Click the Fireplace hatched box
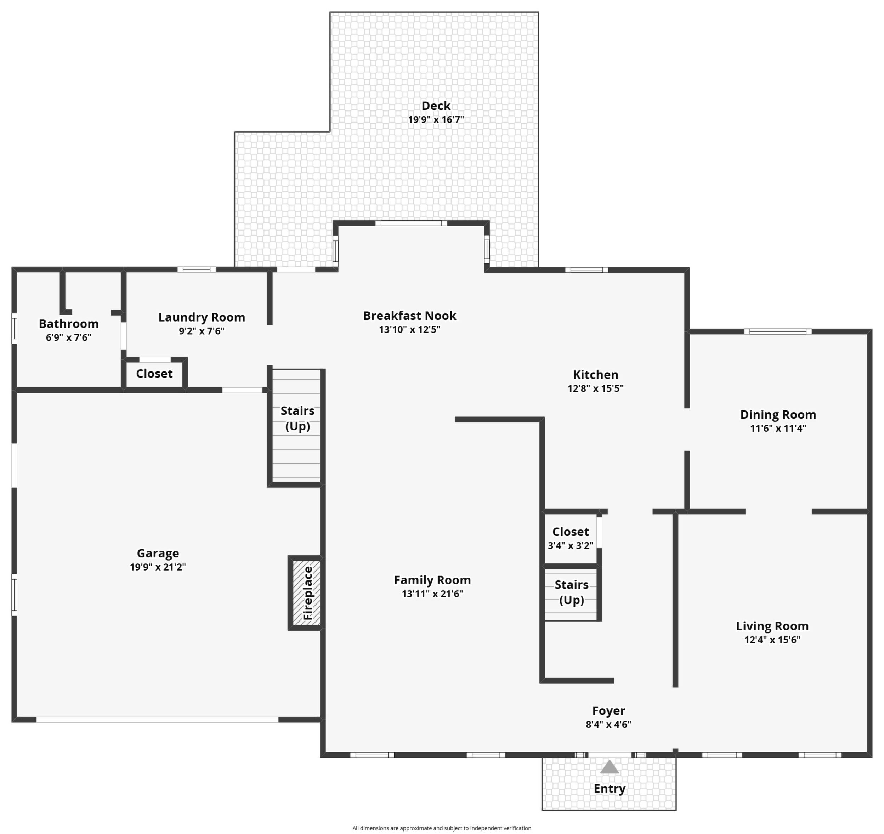pos(306,593)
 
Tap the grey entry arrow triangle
pos(609,767)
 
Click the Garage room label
pos(158,553)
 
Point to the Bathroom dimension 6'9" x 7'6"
pos(68,337)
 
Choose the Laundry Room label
pos(202,317)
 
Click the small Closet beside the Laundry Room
pos(154,373)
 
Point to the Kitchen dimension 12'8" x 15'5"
pos(595,388)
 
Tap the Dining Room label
pos(778,415)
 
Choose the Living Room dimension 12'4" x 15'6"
pos(772,640)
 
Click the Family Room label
pos(432,580)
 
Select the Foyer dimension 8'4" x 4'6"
pos(608,724)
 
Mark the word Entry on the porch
pos(610,788)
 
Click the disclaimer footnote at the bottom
pos(442,828)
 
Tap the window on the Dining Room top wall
pos(778,331)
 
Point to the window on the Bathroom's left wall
pos(14,329)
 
